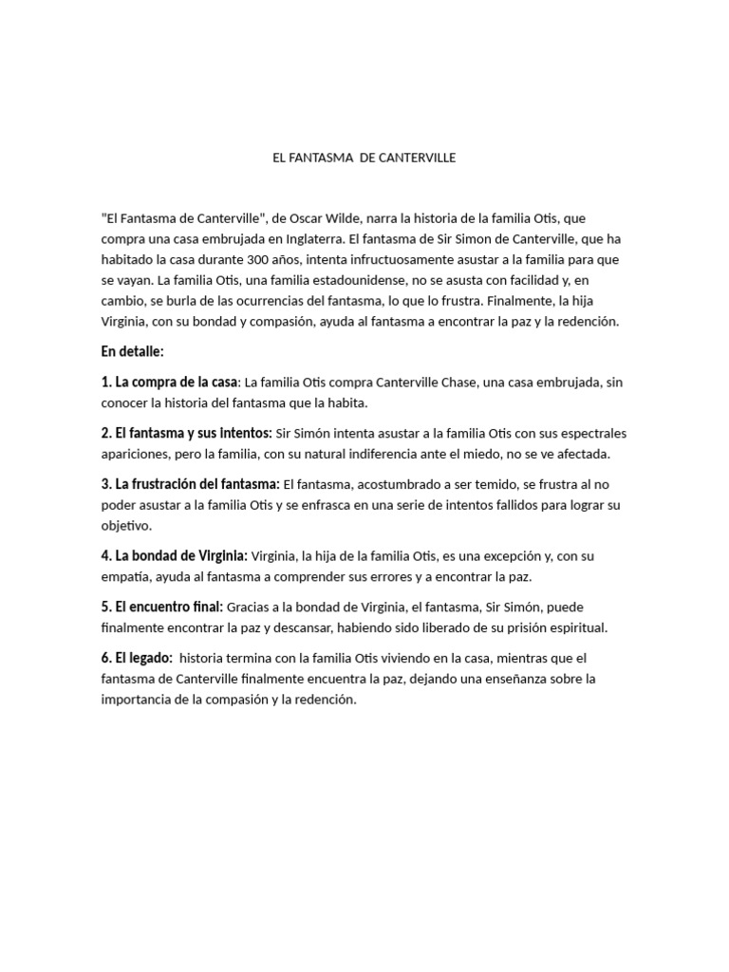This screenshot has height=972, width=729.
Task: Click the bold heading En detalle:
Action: click(x=133, y=351)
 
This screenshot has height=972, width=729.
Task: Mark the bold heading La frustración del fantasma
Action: click(x=197, y=484)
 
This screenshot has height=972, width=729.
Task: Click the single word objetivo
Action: click(x=125, y=525)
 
